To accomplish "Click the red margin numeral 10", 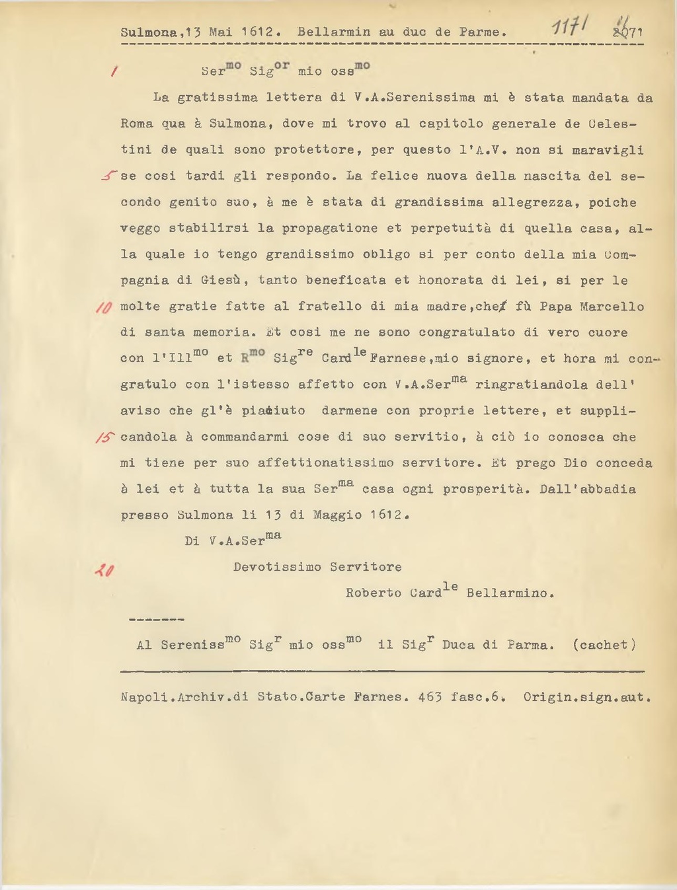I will point(104,307).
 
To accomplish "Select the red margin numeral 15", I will point(105,437).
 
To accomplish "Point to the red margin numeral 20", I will point(104,569).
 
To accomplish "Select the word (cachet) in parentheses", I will point(604,645).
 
